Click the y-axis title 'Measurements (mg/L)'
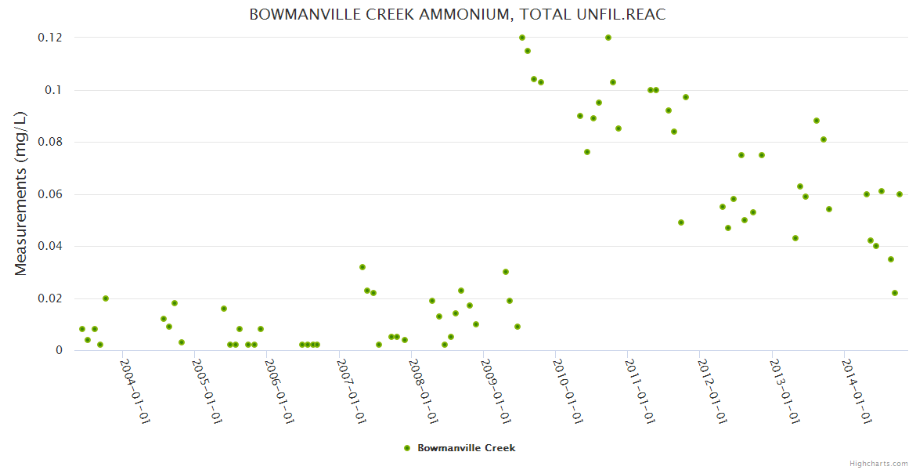[x=21, y=193]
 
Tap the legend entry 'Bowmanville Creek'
[x=466, y=448]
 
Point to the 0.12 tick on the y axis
[x=50, y=38]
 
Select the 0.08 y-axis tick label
[x=50, y=142]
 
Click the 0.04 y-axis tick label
[x=50, y=246]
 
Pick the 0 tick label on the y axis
[x=59, y=350]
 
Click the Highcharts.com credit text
[x=878, y=464]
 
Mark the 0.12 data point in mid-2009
[x=522, y=38]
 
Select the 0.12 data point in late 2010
[x=608, y=38]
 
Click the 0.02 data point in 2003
[x=106, y=298]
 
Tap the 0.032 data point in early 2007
[x=362, y=267]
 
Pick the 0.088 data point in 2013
[x=817, y=121]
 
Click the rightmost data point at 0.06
[x=900, y=194]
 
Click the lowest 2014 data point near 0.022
[x=895, y=293]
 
